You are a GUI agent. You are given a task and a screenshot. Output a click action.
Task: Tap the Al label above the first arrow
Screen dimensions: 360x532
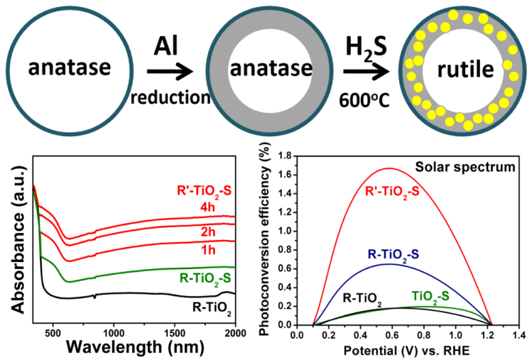167,46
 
